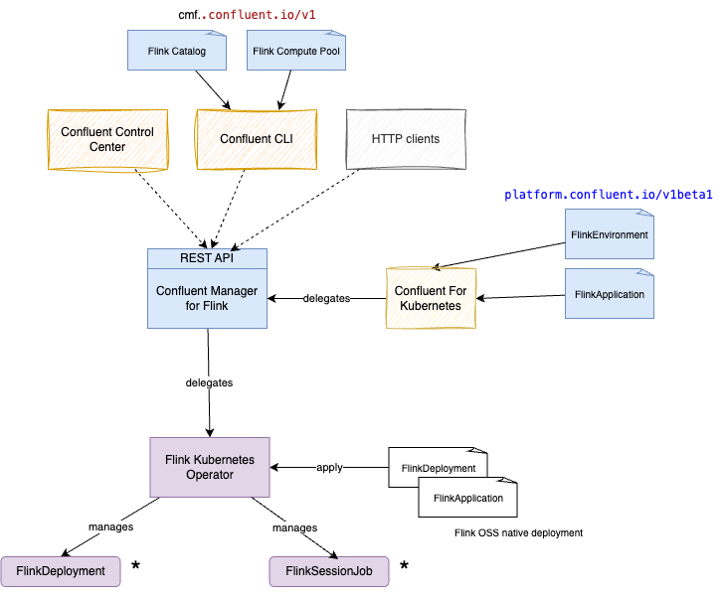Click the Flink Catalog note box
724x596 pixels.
(177, 51)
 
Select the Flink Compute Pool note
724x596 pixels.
(296, 51)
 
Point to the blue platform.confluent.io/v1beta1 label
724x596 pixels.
(609, 194)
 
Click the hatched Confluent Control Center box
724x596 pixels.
(107, 139)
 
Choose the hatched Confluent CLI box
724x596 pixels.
(257, 139)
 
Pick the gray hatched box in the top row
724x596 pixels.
(405, 139)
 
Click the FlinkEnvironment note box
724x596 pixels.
(610, 234)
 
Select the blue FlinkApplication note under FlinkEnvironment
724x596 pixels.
(610, 294)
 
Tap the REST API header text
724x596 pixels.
(208, 258)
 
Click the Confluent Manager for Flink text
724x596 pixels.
(208, 298)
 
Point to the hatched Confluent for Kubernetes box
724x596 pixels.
(431, 298)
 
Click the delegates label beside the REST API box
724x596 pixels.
(326, 298)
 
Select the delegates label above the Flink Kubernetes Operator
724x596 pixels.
(209, 382)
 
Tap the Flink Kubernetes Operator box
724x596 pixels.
(209, 467)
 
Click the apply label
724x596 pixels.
(329, 467)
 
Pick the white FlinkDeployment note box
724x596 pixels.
(438, 467)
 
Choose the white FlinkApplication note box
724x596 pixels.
(467, 498)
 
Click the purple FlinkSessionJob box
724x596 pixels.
(328, 571)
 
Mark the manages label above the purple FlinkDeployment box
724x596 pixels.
(111, 526)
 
